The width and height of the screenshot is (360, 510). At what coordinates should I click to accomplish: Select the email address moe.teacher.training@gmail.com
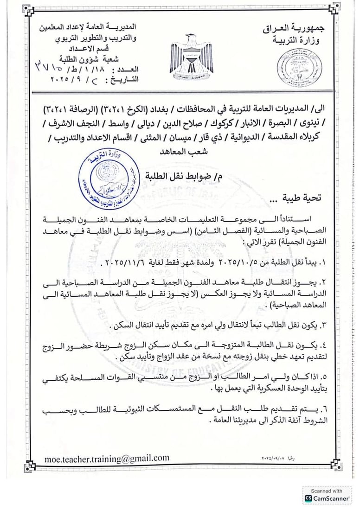[x=107, y=458]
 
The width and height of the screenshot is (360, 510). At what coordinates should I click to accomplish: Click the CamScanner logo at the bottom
[x=327, y=498]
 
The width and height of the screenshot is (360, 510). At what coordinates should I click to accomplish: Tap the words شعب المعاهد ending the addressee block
[x=181, y=152]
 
